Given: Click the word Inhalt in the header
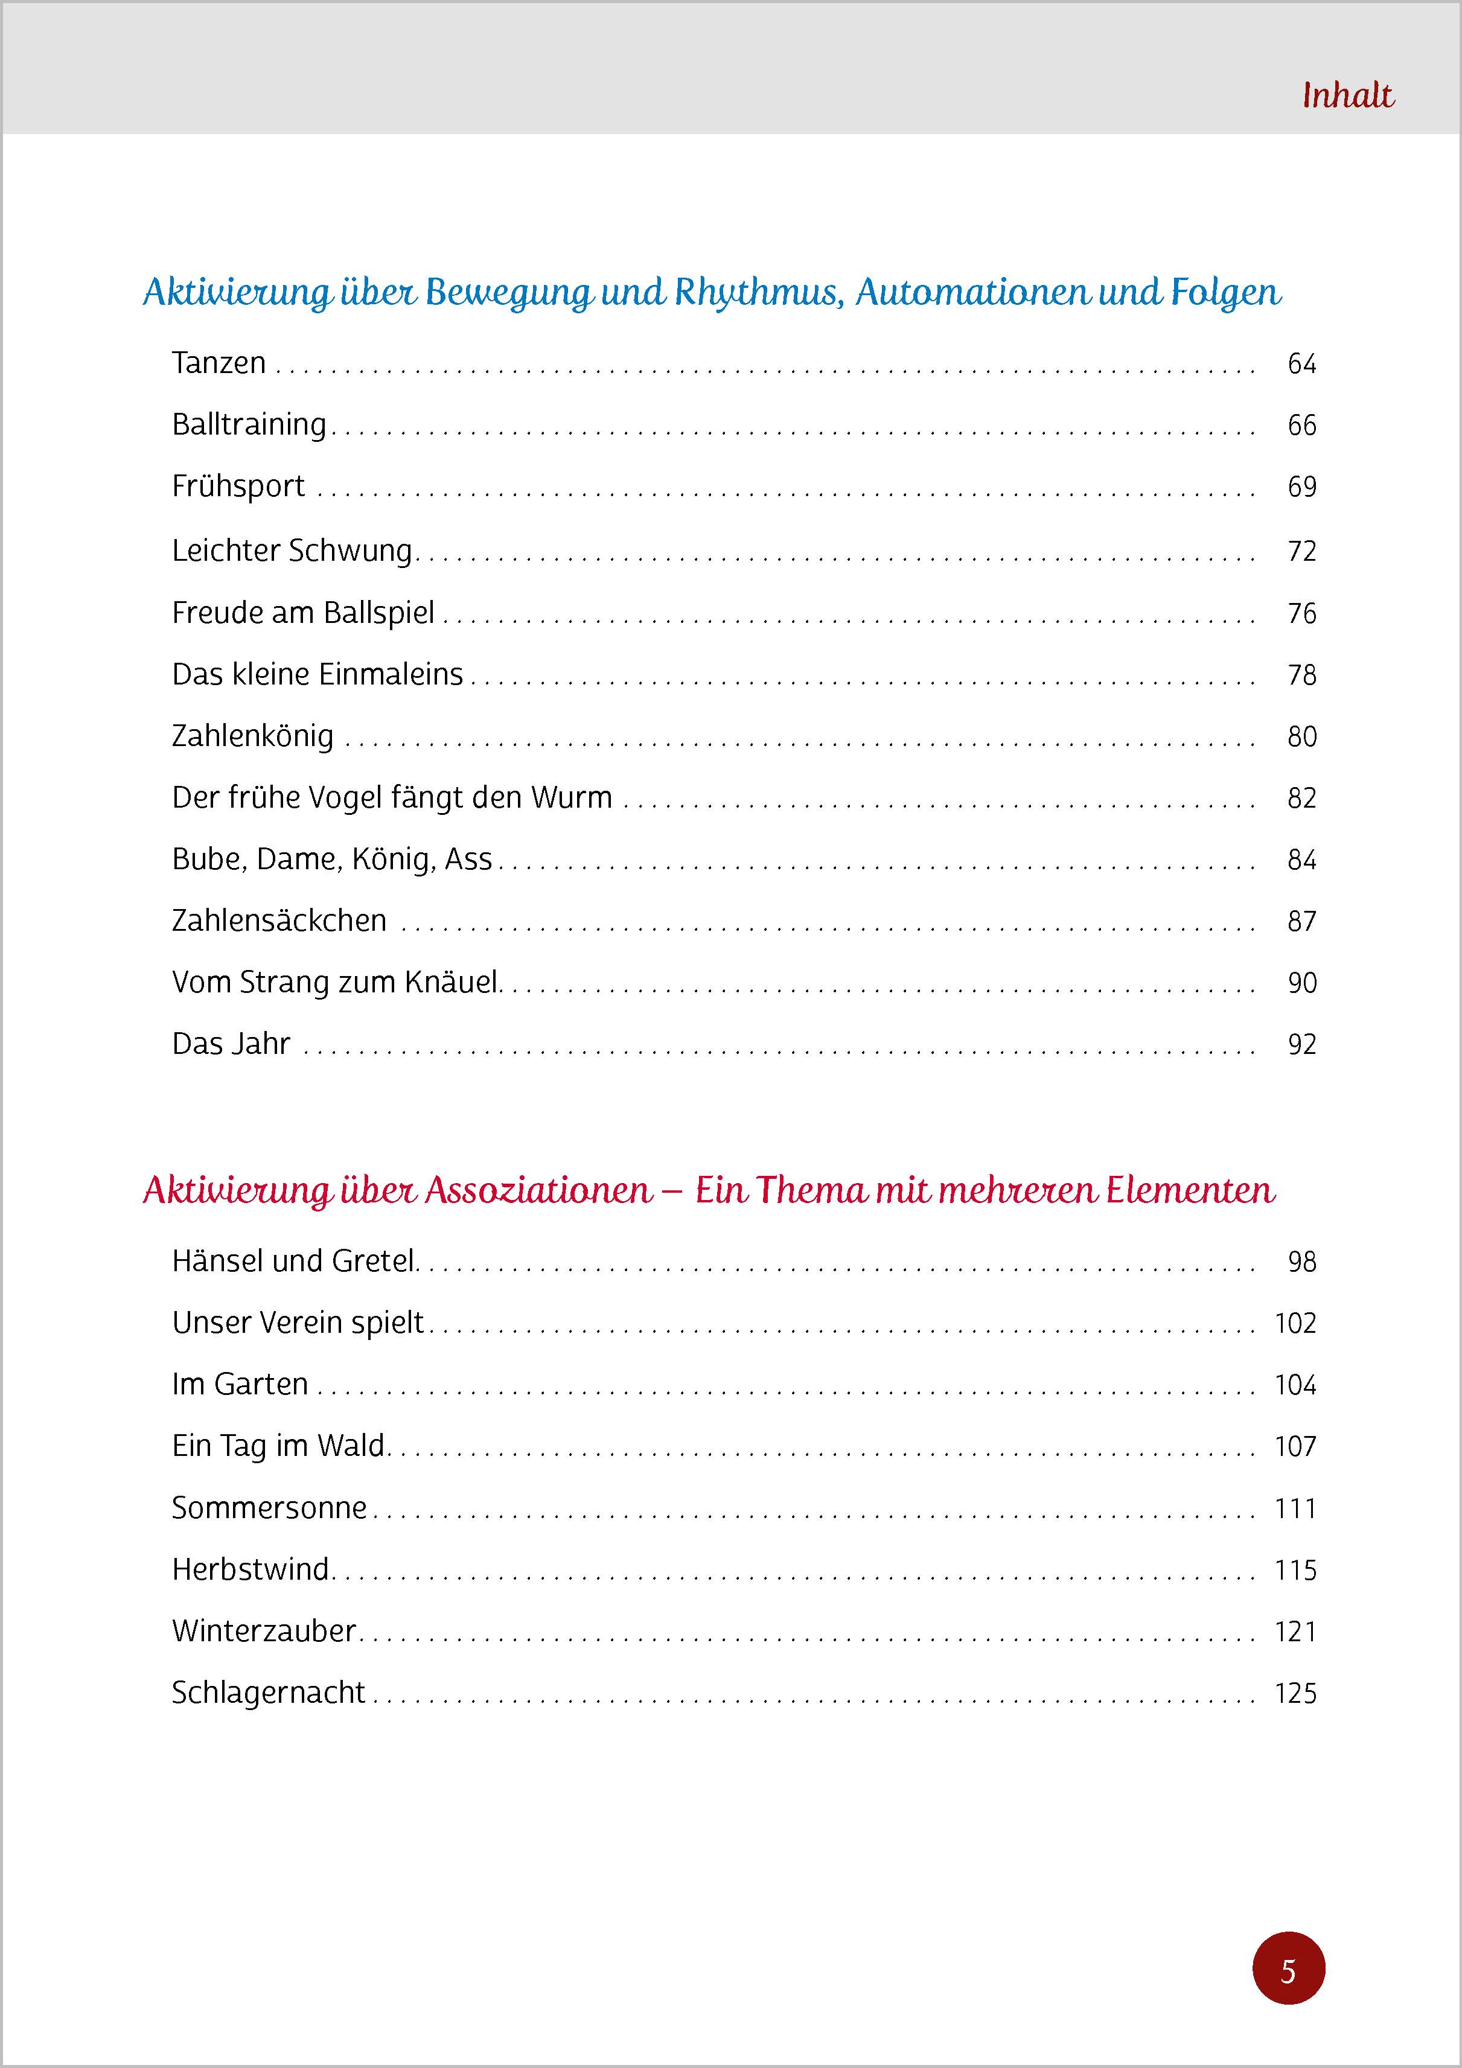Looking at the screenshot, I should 1347,95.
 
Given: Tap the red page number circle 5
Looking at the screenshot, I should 1288,1968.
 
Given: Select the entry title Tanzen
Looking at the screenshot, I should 219,363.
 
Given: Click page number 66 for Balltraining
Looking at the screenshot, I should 1301,425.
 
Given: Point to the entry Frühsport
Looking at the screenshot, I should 238,487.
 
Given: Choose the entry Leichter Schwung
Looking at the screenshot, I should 292,551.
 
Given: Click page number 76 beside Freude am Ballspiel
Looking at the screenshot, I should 1301,613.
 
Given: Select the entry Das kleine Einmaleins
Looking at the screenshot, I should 317,675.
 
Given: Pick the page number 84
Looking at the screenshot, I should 1301,860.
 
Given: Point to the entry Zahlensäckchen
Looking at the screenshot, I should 279,921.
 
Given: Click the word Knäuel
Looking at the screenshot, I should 452,983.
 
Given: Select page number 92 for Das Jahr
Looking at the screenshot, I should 1301,1045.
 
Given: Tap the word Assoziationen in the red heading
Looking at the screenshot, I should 538,1191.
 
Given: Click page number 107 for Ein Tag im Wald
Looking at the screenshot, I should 1295,1446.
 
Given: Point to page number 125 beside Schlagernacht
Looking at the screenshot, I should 1295,1693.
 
